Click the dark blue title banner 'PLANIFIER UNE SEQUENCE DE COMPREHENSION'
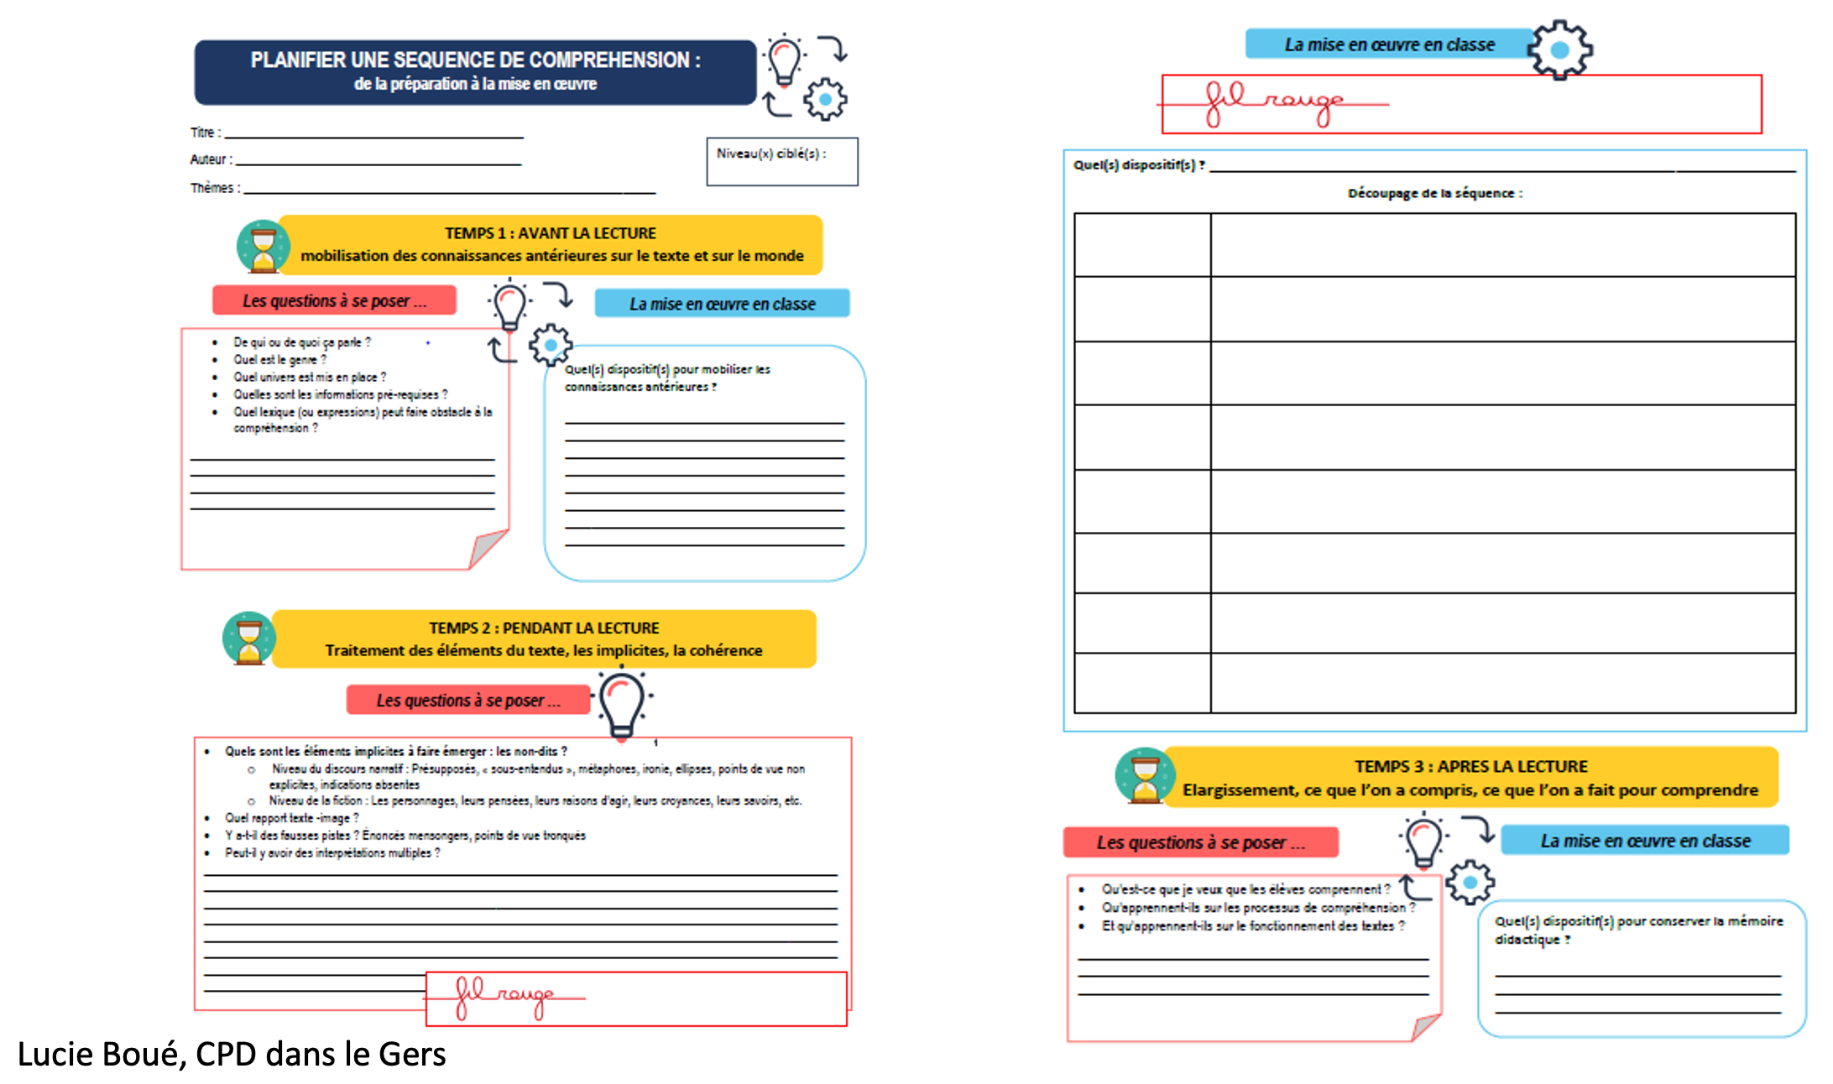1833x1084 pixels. [x=475, y=71]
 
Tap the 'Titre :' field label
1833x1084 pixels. [x=205, y=133]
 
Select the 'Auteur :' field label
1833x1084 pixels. [x=211, y=159]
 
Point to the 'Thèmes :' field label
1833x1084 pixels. [x=215, y=188]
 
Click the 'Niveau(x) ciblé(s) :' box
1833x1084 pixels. [x=781, y=161]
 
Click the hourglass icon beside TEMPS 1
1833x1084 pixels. [x=263, y=247]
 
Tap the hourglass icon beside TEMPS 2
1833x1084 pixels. [x=248, y=638]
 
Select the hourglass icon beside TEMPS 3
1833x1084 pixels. [x=1143, y=776]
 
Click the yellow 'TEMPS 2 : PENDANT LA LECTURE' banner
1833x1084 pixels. [x=544, y=639]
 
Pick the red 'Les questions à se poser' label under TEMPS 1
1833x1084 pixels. [x=334, y=300]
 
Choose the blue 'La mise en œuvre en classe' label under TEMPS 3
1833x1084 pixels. [x=1644, y=840]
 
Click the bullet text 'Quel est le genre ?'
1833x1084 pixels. [x=279, y=360]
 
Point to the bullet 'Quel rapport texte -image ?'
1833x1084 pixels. [x=291, y=818]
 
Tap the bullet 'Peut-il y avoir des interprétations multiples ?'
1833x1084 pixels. [x=332, y=853]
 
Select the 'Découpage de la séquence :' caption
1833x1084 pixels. [x=1434, y=193]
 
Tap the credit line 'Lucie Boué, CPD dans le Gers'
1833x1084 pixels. [x=232, y=1055]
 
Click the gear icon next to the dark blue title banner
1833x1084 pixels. [x=825, y=100]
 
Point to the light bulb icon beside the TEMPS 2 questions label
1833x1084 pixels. [x=622, y=703]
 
